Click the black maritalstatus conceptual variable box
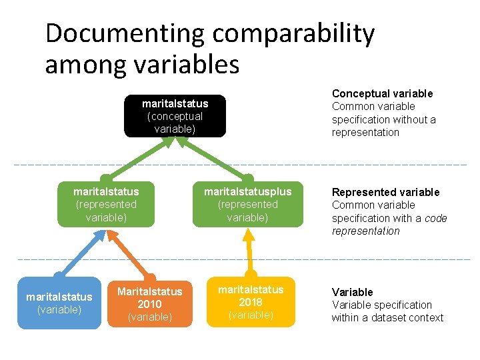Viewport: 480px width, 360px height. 175,116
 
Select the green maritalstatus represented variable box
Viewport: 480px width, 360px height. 106,205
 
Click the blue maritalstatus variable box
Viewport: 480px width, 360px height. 59,303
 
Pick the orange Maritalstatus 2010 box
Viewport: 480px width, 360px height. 149,303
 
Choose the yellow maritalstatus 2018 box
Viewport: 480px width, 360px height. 251,302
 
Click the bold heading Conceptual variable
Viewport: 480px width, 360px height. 382,93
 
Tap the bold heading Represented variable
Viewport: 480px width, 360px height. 385,192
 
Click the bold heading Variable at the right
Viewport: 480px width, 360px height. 352,292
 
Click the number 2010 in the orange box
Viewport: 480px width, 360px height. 149,304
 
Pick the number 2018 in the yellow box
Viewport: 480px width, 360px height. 251,302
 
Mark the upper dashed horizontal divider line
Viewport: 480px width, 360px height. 240,165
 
